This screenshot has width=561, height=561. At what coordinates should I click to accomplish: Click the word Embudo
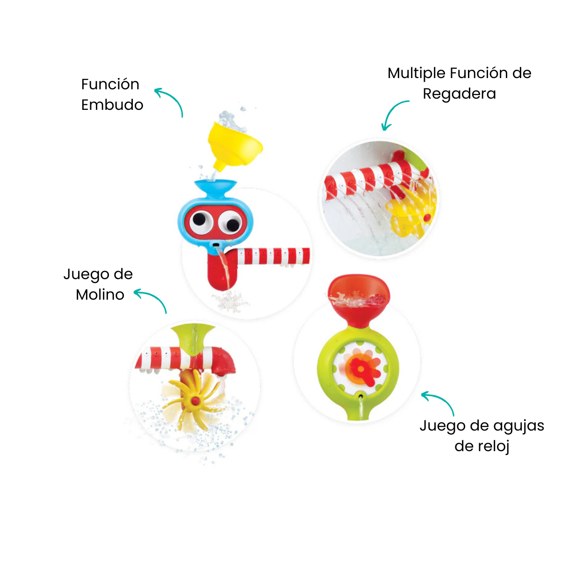112,105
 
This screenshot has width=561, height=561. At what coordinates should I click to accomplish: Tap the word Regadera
459,94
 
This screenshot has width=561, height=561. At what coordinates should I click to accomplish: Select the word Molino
100,295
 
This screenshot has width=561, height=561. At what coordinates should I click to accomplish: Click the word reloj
482,446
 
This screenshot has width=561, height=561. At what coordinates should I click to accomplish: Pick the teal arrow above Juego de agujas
439,401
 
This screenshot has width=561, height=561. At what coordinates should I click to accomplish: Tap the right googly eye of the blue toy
230,223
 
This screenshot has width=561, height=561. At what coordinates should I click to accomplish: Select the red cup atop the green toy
359,300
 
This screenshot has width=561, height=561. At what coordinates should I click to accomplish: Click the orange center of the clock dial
361,369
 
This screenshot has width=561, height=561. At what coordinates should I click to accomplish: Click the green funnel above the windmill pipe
193,338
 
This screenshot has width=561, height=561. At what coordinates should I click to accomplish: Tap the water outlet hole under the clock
361,396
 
